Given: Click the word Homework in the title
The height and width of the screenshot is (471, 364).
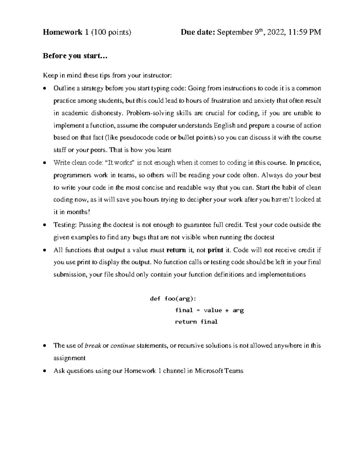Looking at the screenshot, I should coord(62,32).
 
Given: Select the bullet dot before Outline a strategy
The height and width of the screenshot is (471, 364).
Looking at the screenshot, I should coord(45,89).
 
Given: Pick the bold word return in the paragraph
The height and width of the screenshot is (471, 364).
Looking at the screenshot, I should coord(176,250).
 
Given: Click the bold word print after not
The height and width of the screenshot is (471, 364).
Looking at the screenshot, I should coord(215,250).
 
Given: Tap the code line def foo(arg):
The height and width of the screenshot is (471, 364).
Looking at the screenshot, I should coord(173,299).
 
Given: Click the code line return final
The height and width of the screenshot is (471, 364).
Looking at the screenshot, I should coord(196,322).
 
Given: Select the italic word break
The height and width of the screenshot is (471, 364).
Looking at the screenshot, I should coord(93,346).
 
